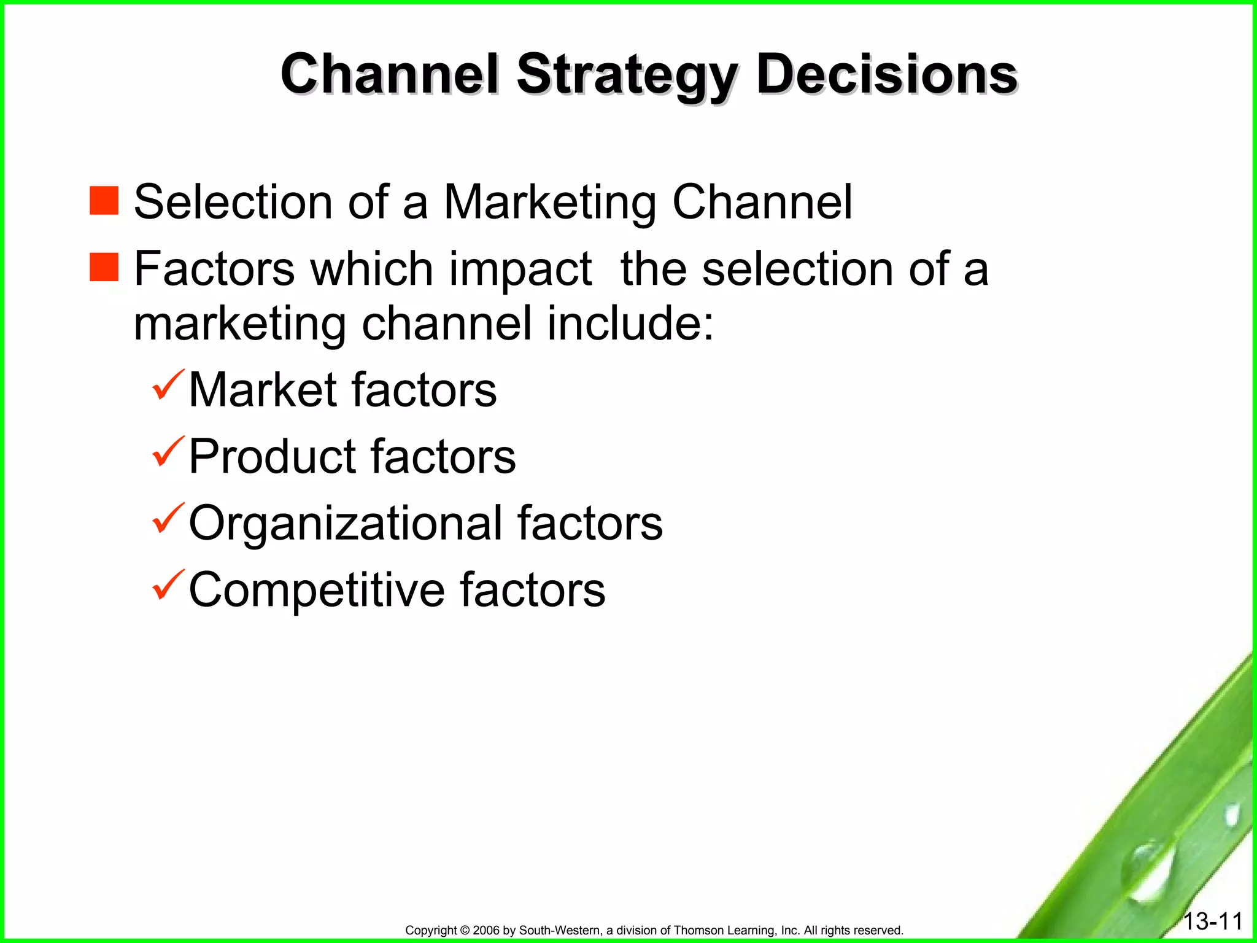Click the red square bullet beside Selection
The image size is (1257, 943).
[104, 201]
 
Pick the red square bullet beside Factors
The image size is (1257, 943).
[104, 267]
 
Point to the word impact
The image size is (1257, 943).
[520, 270]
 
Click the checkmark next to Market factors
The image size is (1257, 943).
[168, 386]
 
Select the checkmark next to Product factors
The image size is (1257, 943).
[168, 452]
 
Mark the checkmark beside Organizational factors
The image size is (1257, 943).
[168, 518]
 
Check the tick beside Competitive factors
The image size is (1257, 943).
[168, 585]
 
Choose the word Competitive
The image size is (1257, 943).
[316, 590]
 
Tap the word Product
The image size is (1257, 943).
[272, 457]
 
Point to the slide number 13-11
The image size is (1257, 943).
[1213, 921]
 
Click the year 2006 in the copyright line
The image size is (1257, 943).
[487, 931]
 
